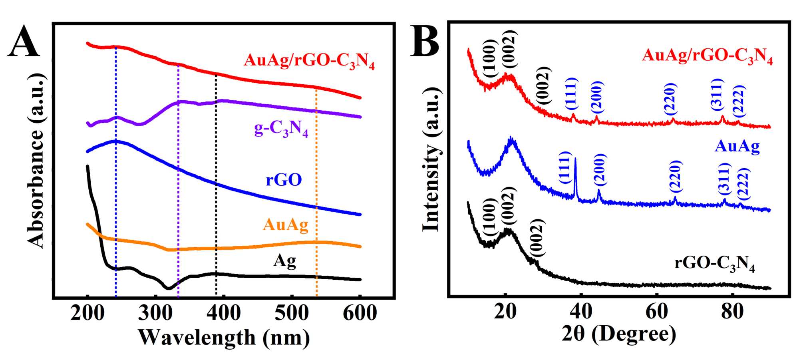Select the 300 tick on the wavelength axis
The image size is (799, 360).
pos(155,313)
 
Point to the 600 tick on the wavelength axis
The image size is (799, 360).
pos(360,313)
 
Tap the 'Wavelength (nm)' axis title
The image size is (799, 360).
pos(224,338)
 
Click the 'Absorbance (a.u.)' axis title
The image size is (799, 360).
pos(36,160)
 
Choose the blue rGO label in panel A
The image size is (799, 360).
pos(284,180)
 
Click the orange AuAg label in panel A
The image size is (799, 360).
pos(285,225)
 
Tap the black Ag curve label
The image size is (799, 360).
pos(284,261)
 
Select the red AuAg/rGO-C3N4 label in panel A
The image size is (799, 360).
pos(309,61)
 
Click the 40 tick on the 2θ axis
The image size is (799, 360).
pos(581,311)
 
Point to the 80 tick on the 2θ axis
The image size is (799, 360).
pos(732,311)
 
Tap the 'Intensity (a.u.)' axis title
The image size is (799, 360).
pos(431,160)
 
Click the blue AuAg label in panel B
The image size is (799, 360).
pos(737,146)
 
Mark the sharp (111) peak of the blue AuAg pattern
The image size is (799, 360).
pos(575,160)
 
